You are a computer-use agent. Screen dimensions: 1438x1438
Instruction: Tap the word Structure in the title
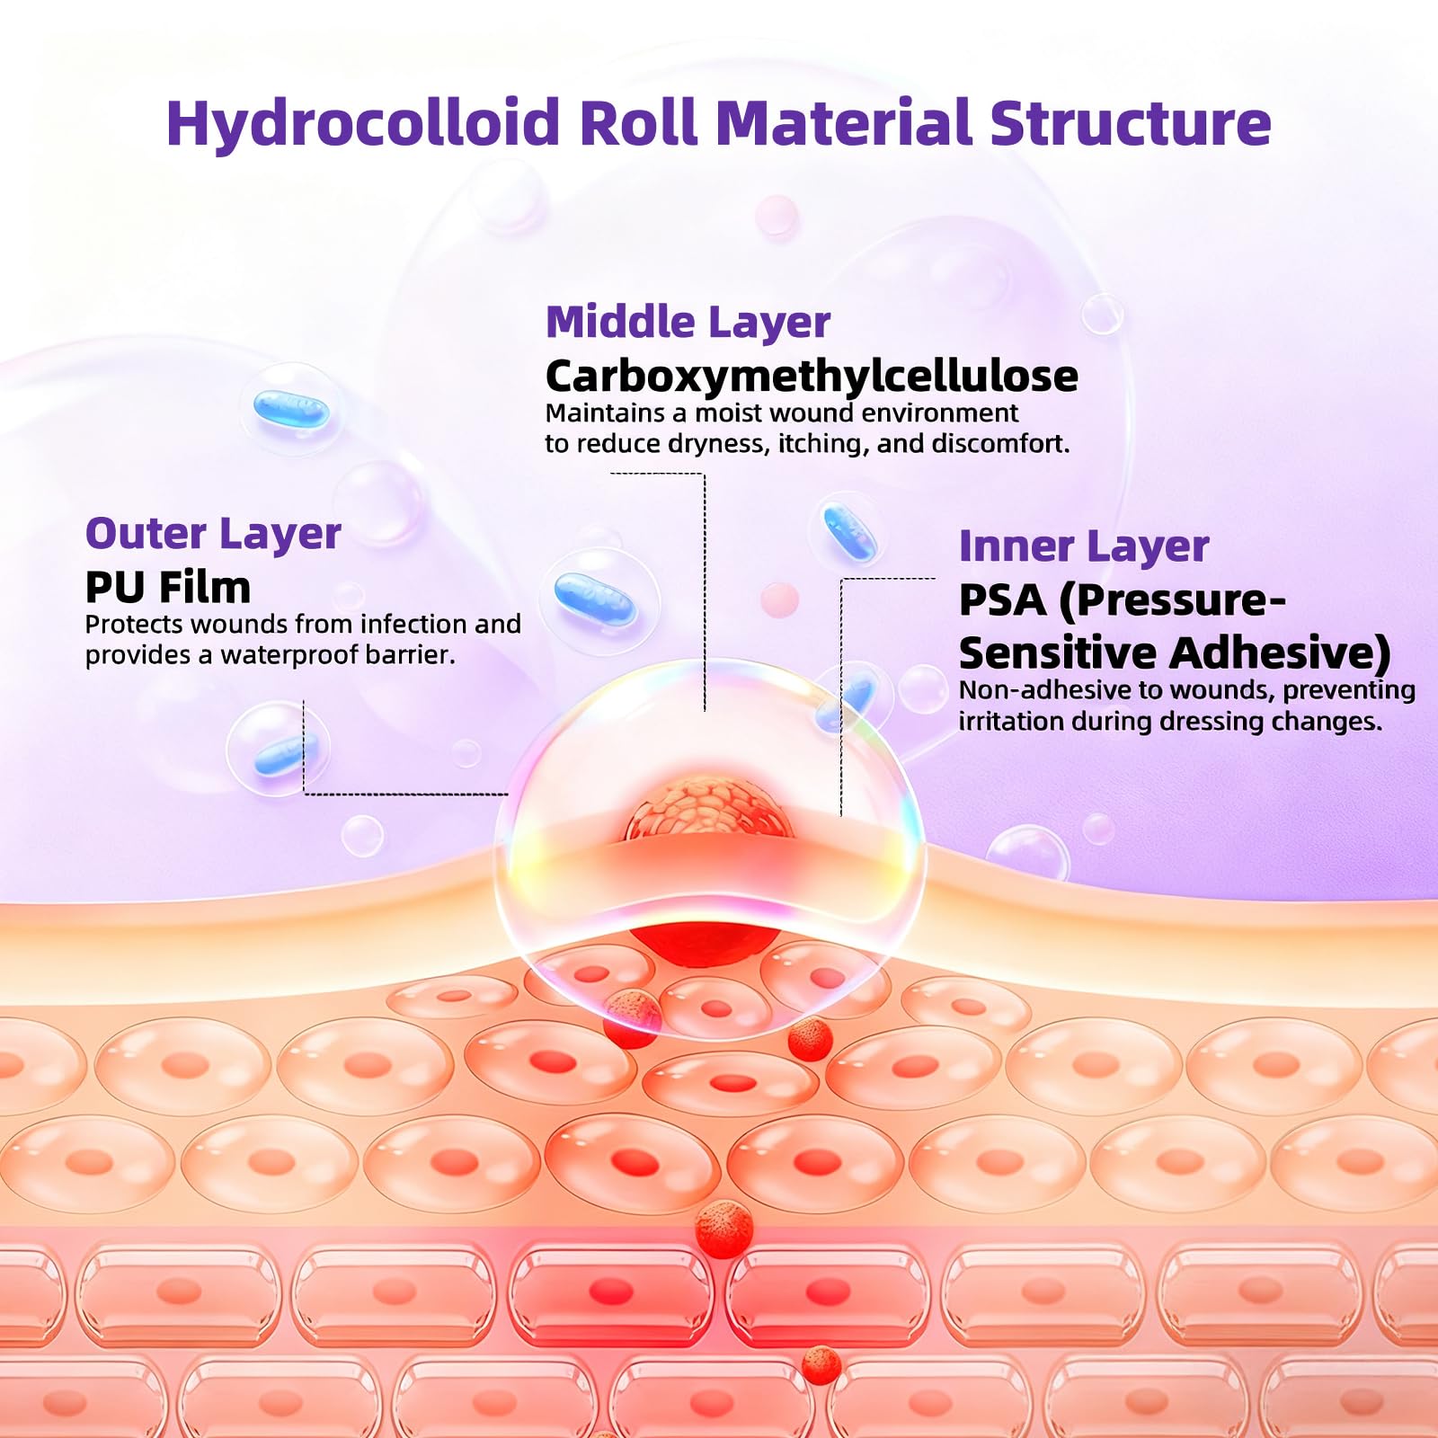(x=1130, y=122)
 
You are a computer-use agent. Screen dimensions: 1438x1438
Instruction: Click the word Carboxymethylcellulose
(x=812, y=377)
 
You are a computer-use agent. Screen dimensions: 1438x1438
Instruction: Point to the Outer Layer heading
(x=213, y=535)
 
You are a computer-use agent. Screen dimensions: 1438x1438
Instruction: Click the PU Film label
(x=168, y=588)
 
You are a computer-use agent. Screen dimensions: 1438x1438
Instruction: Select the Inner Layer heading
(x=1084, y=546)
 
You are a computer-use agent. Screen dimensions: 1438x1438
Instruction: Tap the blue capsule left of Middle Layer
(x=291, y=410)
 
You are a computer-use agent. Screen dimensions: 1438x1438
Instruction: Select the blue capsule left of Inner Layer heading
(x=849, y=531)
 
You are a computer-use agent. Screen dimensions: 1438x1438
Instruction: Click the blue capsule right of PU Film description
(x=595, y=599)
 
